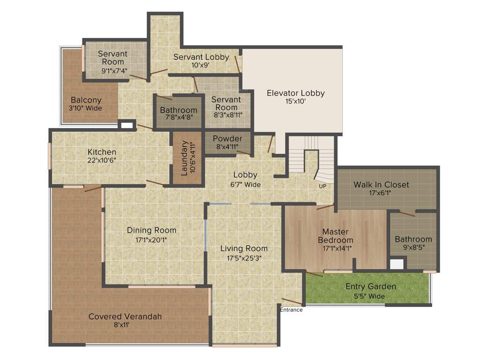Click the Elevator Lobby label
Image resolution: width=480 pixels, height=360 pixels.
point(295,93)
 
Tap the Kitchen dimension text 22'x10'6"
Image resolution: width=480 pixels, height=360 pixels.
point(102,160)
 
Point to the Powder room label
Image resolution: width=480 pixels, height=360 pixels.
point(227,139)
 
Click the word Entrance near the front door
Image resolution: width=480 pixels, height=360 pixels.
point(291,310)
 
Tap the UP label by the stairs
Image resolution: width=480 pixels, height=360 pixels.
point(322,186)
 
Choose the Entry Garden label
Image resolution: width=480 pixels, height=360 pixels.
point(370,286)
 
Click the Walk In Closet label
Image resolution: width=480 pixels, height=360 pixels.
point(381,185)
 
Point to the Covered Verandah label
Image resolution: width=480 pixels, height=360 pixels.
point(125,317)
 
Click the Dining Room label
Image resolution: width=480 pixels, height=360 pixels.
point(151,230)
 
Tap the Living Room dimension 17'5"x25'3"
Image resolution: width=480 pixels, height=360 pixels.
point(244,257)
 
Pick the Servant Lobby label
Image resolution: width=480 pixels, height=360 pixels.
point(201,57)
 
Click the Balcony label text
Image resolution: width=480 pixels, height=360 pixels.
point(86,100)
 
